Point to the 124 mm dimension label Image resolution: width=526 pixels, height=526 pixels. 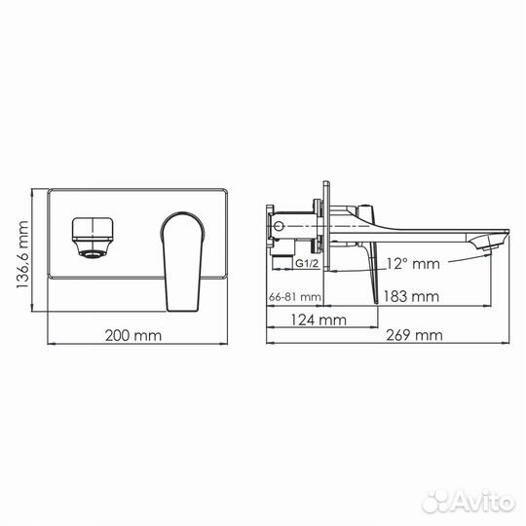coord(320,318)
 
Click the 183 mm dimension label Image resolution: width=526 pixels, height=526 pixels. coord(410,295)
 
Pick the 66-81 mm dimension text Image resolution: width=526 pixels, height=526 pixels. coord(295,296)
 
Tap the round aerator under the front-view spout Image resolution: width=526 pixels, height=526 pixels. coord(91,255)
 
